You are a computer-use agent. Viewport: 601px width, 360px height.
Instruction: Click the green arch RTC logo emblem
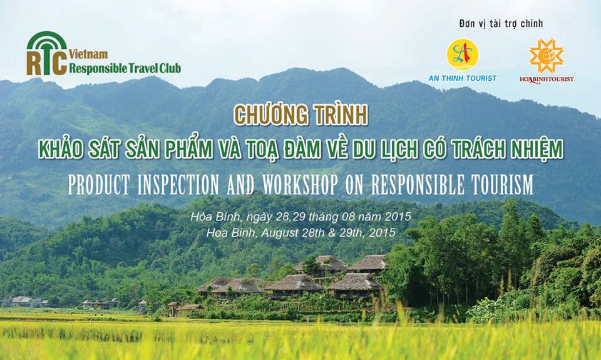tap(47, 53)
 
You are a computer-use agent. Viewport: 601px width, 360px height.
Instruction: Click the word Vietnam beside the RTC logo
tap(88, 54)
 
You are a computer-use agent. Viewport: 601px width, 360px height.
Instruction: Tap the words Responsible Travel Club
tap(125, 68)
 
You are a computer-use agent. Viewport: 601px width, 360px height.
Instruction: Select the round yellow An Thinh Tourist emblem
tap(462, 54)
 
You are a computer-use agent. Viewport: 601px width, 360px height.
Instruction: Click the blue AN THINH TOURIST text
tap(463, 78)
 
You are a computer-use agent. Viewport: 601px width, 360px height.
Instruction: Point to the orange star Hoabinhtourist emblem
tap(546, 56)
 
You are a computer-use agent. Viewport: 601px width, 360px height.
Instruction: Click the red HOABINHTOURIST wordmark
tap(547, 80)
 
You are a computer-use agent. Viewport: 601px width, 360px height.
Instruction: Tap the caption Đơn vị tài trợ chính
tap(501, 24)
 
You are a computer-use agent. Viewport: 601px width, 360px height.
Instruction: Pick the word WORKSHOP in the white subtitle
tap(300, 185)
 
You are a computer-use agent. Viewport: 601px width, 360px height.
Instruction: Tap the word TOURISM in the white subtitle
tap(501, 185)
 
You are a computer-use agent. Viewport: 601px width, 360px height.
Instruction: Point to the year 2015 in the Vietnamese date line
tap(398, 217)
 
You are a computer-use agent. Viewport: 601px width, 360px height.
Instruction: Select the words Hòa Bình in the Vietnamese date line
tap(216, 217)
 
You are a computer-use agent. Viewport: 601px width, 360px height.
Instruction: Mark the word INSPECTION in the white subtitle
tap(178, 185)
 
